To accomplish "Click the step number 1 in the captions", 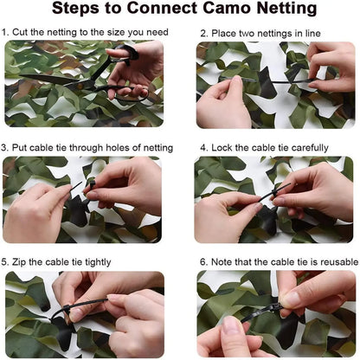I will (x=4, y=32).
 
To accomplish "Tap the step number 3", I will (x=4, y=147).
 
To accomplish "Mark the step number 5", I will (x=4, y=261).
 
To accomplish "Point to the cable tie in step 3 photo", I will (x=78, y=186).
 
